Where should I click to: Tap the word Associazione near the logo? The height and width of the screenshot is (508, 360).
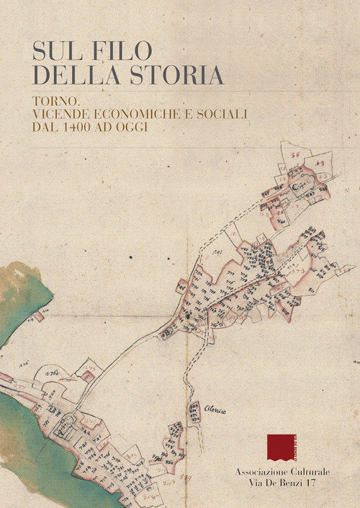tap(261, 471)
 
